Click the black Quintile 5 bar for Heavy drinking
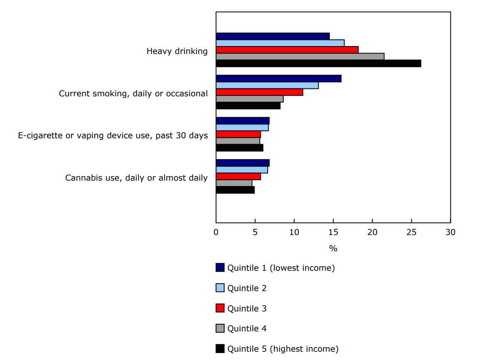point(318,63)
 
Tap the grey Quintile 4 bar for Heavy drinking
point(300,56)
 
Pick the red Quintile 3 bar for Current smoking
point(259,92)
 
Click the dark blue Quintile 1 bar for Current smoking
point(278,78)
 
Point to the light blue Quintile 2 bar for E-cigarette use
point(242,127)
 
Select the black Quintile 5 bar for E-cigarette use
point(239,148)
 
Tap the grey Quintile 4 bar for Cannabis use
point(234,183)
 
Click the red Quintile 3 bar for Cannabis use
point(238,176)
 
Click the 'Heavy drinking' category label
point(177,51)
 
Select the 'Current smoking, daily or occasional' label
point(133,93)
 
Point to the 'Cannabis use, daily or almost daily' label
point(136,178)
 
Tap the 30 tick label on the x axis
point(450,232)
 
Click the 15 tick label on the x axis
point(333,232)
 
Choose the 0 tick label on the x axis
point(216,232)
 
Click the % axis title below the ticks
point(333,248)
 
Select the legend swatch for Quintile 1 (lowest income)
point(220,268)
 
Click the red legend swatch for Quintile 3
point(220,308)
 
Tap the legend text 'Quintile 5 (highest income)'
point(282,349)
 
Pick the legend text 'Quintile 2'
point(247,288)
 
